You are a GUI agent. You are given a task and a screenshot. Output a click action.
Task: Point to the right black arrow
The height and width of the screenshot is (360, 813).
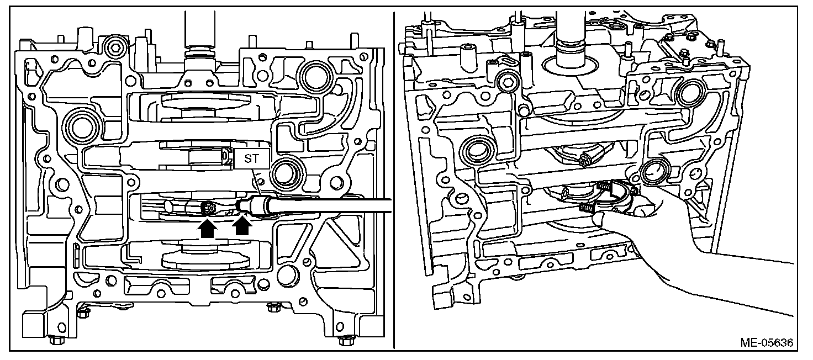tap(242, 227)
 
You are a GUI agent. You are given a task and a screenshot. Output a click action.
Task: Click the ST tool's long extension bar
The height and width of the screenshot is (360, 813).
tap(331, 205)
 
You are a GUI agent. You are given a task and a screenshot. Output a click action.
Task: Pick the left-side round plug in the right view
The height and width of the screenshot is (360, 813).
tap(478, 150)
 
